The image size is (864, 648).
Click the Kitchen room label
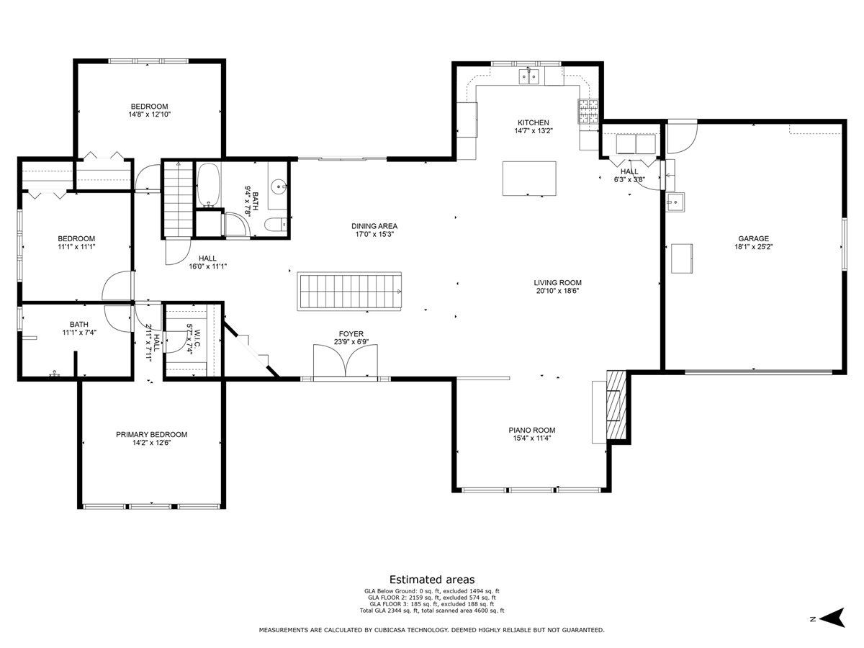tap(534, 122)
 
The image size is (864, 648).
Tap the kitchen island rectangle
tap(529, 179)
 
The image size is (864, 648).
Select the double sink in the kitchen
tap(528, 76)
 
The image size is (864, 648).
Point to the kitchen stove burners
tap(588, 112)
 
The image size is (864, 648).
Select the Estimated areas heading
tap(432, 580)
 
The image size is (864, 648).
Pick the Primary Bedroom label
tap(151, 434)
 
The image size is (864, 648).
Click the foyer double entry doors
tap(345, 361)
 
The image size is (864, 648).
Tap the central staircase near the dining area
tap(349, 291)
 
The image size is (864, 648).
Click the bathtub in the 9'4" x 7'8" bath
tap(207, 185)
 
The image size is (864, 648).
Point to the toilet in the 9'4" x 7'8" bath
tap(276, 225)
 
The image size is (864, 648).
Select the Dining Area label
tap(374, 226)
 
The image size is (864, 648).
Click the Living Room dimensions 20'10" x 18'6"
tap(558, 291)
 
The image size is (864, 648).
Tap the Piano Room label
tap(532, 431)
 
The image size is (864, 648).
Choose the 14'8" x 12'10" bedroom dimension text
tap(150, 114)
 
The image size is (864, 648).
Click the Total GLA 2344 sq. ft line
tap(432, 611)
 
